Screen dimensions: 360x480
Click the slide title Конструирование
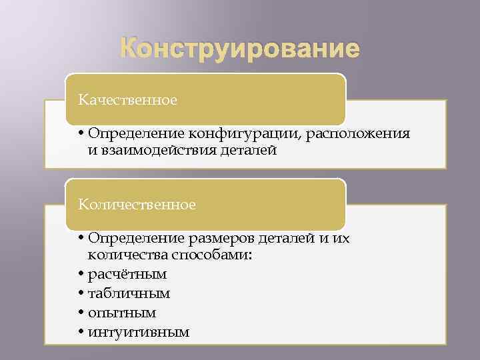(x=240, y=49)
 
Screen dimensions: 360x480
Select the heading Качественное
(x=128, y=100)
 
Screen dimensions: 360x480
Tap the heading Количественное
(x=137, y=204)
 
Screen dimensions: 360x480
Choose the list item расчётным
(x=127, y=274)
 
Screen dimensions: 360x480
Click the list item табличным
(x=129, y=293)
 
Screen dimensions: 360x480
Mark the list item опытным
(x=122, y=313)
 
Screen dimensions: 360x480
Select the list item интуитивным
(x=139, y=331)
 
